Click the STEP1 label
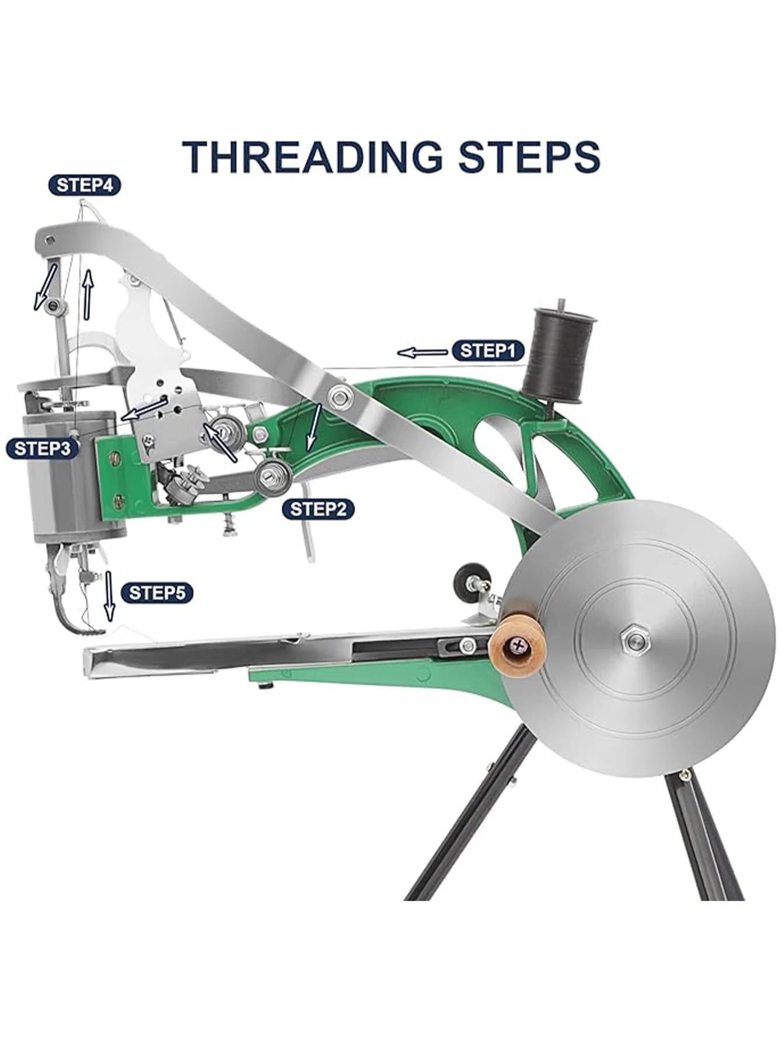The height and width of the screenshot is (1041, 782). point(488,350)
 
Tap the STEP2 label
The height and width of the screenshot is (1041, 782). point(318,509)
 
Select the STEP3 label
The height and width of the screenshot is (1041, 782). point(42,448)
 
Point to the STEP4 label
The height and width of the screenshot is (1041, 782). point(85,185)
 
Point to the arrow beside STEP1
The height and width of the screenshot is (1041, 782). point(423,352)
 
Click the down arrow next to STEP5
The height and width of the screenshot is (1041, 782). point(109,596)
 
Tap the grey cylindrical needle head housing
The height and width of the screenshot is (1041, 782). point(74,477)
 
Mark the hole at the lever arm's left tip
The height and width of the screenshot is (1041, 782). point(51,239)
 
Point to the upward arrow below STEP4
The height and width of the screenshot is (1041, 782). point(88,293)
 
